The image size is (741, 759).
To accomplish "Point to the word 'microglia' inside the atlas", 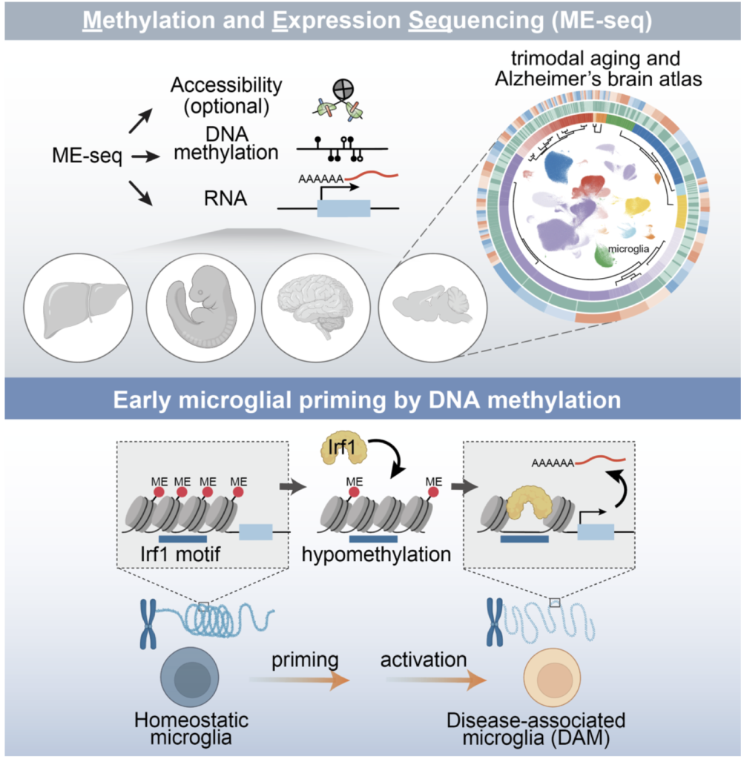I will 627,250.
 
